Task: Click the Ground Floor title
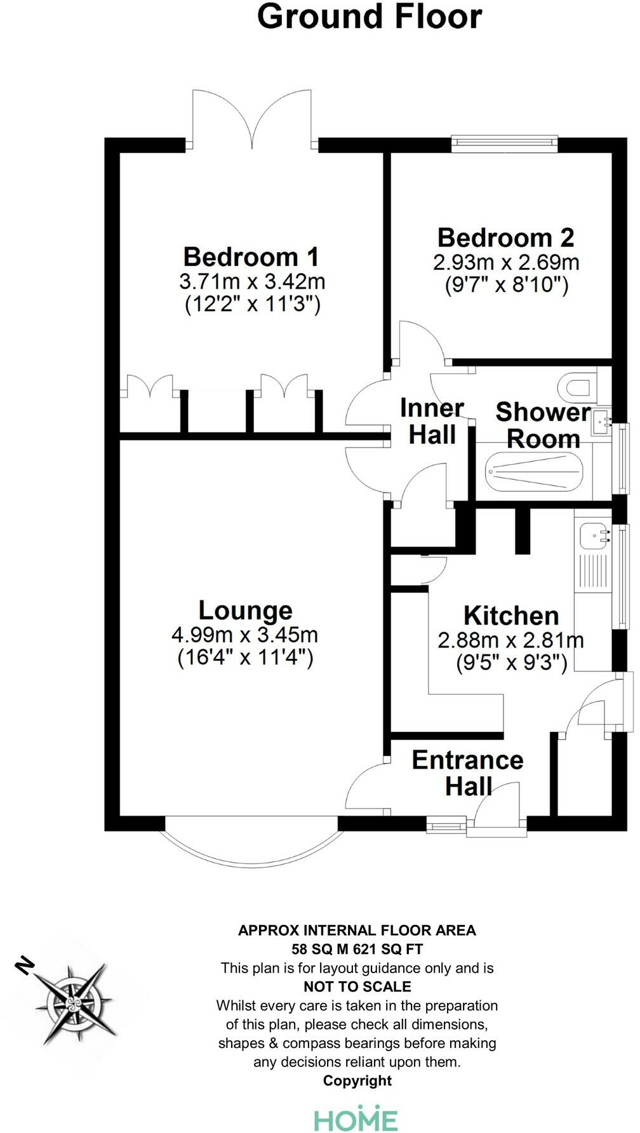[x=369, y=17]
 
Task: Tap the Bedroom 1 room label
[x=251, y=257]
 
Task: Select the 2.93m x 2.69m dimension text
[x=506, y=262]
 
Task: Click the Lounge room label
[x=245, y=610]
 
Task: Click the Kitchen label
[x=511, y=616]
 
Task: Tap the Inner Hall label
[x=432, y=421]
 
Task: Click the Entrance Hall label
[x=468, y=772]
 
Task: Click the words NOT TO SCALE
[x=357, y=986]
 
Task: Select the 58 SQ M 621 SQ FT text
[x=357, y=950]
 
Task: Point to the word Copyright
[x=357, y=1080]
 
